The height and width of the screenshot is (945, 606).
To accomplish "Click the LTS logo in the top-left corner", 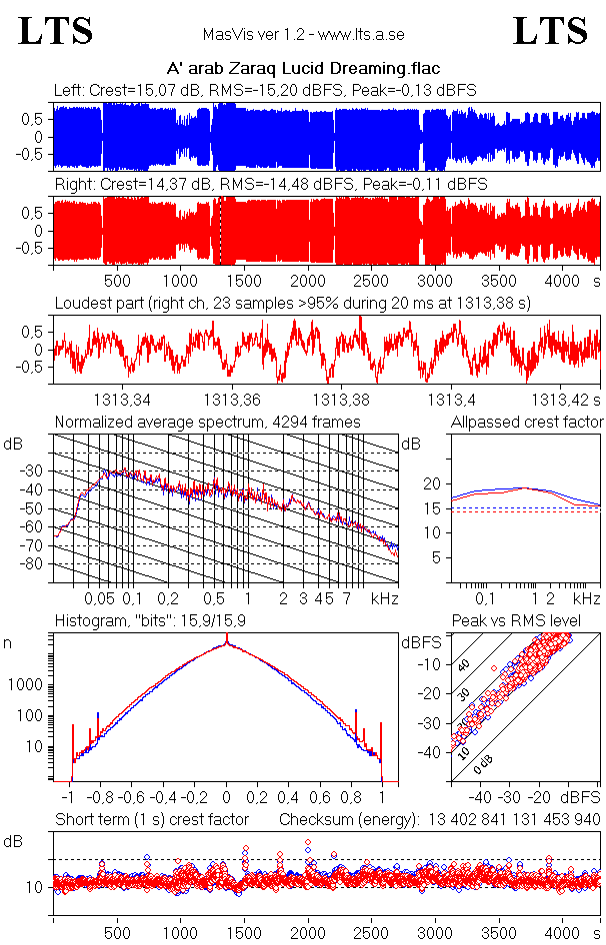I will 56,31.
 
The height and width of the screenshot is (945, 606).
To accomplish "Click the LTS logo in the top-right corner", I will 550,31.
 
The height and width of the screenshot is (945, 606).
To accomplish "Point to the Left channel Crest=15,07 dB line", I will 265,91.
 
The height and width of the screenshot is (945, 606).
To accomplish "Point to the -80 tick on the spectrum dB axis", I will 37,564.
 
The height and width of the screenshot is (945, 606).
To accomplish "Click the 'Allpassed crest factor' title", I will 527,423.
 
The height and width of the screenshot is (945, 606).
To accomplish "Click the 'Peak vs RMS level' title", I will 530,621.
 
